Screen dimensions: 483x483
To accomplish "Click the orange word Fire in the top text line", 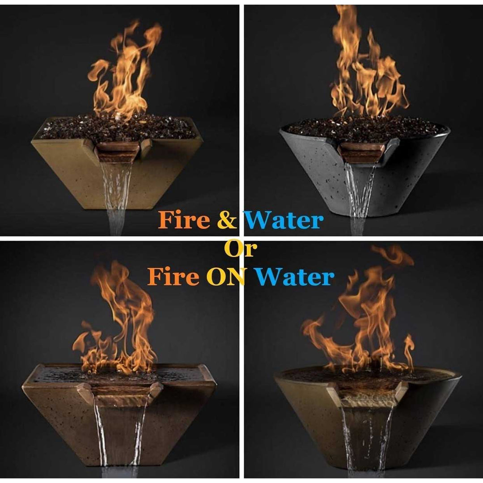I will pyautogui.click(x=184, y=220).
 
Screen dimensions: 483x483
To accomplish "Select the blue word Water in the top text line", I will pyautogui.click(x=284, y=220).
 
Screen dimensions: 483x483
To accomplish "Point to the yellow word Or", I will pyautogui.click(x=241, y=250).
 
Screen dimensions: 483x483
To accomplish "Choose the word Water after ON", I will pyautogui.click(x=296, y=277).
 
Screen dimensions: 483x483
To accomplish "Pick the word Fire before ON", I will pyautogui.click(x=174, y=277).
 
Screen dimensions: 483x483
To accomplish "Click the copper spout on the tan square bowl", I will pyautogui.click(x=118, y=152).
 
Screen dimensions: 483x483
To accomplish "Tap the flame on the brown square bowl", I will pyautogui.click(x=119, y=326).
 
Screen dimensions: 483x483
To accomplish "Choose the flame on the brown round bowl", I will pyautogui.click(x=367, y=322).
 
